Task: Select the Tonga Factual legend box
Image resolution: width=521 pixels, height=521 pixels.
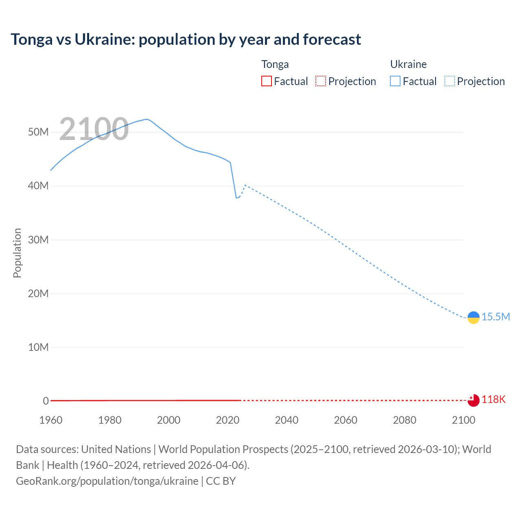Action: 266,81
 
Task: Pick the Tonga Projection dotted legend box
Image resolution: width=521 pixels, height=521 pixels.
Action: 321,81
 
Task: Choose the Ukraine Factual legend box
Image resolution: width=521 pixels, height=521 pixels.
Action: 395,81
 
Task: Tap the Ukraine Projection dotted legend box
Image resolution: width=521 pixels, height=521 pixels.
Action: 450,81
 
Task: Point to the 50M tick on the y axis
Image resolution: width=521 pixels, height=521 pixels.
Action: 38,132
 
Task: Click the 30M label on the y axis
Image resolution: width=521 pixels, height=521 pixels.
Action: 38,240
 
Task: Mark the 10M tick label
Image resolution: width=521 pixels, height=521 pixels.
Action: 38,347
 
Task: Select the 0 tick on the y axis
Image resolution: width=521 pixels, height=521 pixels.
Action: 46,401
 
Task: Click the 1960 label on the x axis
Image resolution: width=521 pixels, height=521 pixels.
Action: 51,420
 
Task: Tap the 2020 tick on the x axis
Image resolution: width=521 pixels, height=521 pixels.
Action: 228,420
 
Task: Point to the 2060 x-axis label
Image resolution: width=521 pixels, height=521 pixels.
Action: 346,420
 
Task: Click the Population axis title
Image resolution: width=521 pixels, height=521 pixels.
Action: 17,253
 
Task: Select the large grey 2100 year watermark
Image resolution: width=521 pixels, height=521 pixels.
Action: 94,129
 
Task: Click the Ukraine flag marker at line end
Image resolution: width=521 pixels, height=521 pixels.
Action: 473,317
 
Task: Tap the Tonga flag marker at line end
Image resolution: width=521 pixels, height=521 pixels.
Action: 473,401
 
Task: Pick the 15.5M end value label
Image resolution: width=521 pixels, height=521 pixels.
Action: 496,317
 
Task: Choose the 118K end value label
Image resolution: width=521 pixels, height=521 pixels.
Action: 494,400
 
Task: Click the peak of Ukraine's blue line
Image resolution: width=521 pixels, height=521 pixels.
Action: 147,119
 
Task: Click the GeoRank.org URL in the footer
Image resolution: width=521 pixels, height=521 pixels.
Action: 107,481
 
